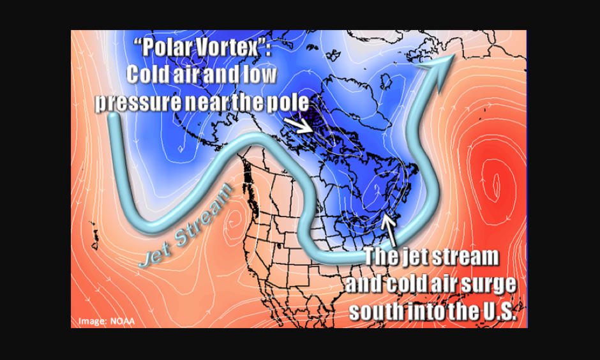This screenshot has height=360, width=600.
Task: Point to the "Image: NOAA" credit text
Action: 107,320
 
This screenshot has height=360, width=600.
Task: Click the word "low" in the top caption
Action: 260,74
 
